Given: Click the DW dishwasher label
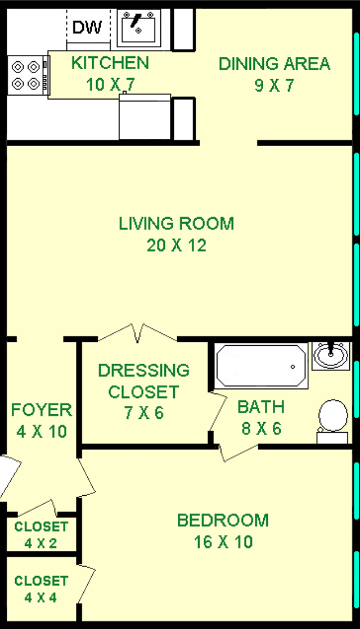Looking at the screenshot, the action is pos(87,27).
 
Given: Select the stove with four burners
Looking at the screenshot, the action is pos(28,75).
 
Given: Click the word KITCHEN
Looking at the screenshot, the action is pos(110,63).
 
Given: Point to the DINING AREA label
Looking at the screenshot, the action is pos(274,64).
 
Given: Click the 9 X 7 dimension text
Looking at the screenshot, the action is pos(274,85).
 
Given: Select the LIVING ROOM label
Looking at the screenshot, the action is pos(177,224).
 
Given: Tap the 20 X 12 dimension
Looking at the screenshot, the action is pos(177,245).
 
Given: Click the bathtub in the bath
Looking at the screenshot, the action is pos(261,366).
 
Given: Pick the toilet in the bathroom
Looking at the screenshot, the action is pos(332,421).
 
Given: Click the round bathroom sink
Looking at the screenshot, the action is pos(331,356).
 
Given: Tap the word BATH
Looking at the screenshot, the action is pos(261,407).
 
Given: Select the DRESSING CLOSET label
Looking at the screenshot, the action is pos(143,381).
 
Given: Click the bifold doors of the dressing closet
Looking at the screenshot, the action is pos(138,333).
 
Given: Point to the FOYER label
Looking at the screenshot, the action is pos(42,410).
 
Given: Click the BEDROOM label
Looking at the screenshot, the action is pos(223,521).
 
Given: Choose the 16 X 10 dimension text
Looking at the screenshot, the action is pos(223,542).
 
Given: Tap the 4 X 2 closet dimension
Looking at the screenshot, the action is pos(40,543).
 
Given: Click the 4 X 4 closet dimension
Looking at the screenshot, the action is pos(40,598).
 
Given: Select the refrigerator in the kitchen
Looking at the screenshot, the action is pos(145,116).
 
